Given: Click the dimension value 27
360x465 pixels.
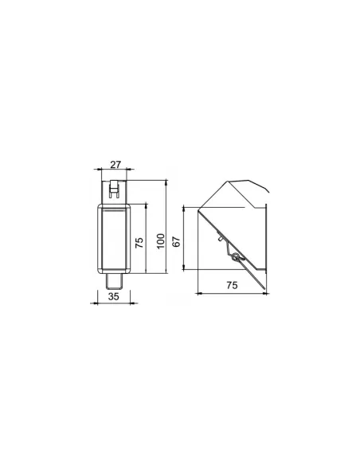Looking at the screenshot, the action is [x=115, y=164].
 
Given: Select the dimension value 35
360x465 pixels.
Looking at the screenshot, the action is [x=114, y=296].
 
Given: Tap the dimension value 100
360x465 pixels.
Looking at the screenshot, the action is [x=160, y=241].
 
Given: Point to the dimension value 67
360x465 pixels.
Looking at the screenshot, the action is [x=176, y=242].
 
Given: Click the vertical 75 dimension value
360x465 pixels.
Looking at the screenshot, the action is [x=139, y=243].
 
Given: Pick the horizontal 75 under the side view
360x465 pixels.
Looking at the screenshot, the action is [x=233, y=285].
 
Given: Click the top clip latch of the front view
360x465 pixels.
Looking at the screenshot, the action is [x=114, y=189].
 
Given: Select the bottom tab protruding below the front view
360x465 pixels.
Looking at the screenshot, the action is [x=115, y=281].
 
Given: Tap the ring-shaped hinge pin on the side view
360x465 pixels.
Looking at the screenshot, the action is [x=236, y=257].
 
